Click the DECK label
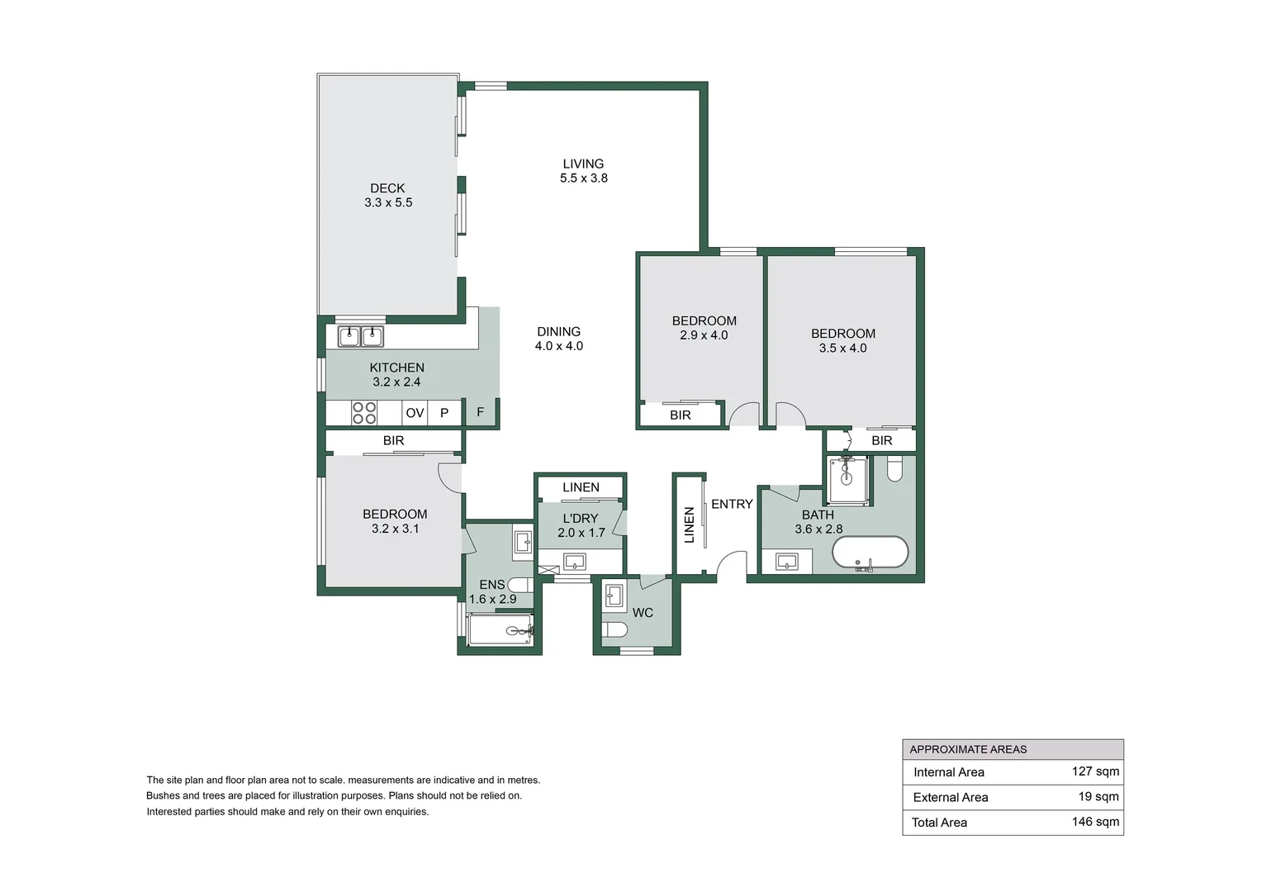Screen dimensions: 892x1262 (x=387, y=188)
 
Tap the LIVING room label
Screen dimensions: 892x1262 (x=583, y=164)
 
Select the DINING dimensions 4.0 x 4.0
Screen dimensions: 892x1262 (x=558, y=346)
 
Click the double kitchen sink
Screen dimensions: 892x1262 (x=361, y=336)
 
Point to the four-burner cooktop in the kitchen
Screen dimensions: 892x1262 (x=364, y=413)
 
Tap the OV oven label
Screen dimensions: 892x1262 (x=415, y=413)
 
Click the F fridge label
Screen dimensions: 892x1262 (x=480, y=412)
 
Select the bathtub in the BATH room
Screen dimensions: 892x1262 (x=870, y=553)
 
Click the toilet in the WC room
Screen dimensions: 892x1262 (x=615, y=630)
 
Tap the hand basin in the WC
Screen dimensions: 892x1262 (x=614, y=595)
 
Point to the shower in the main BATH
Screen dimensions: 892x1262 (x=847, y=480)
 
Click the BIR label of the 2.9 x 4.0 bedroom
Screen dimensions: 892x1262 (x=681, y=415)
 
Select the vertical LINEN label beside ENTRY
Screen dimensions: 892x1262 (x=690, y=524)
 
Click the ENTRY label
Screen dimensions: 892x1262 (x=732, y=504)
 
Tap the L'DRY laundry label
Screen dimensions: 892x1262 (x=581, y=519)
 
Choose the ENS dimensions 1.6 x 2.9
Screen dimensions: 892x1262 (x=492, y=600)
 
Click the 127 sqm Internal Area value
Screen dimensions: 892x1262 (x=1095, y=771)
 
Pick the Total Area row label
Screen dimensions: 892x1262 (x=939, y=823)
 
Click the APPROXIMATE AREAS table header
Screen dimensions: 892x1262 (x=968, y=749)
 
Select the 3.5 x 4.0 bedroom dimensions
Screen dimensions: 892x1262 (x=842, y=349)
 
